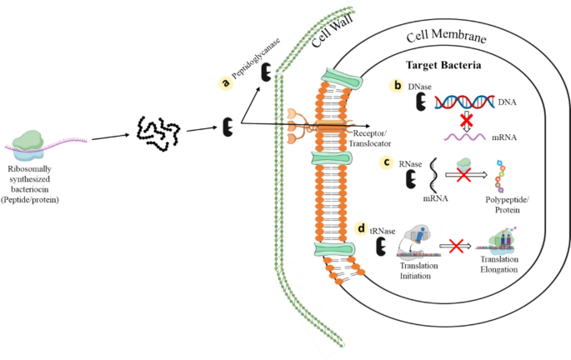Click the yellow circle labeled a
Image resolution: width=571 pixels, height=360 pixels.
click(x=224, y=82)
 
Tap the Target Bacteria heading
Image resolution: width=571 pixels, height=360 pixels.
click(x=447, y=65)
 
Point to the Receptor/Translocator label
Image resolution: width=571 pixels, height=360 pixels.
click(x=373, y=136)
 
